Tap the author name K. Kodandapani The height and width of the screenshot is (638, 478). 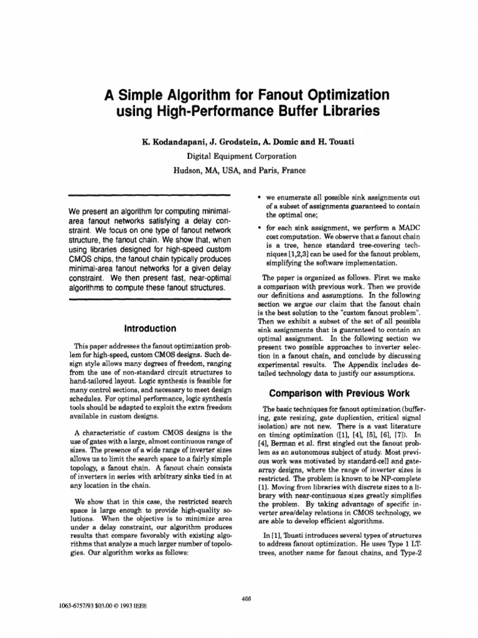[x=176, y=142]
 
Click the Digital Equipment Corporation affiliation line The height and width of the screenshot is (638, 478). [x=238, y=156]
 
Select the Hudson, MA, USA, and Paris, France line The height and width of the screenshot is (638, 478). [x=238, y=170]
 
